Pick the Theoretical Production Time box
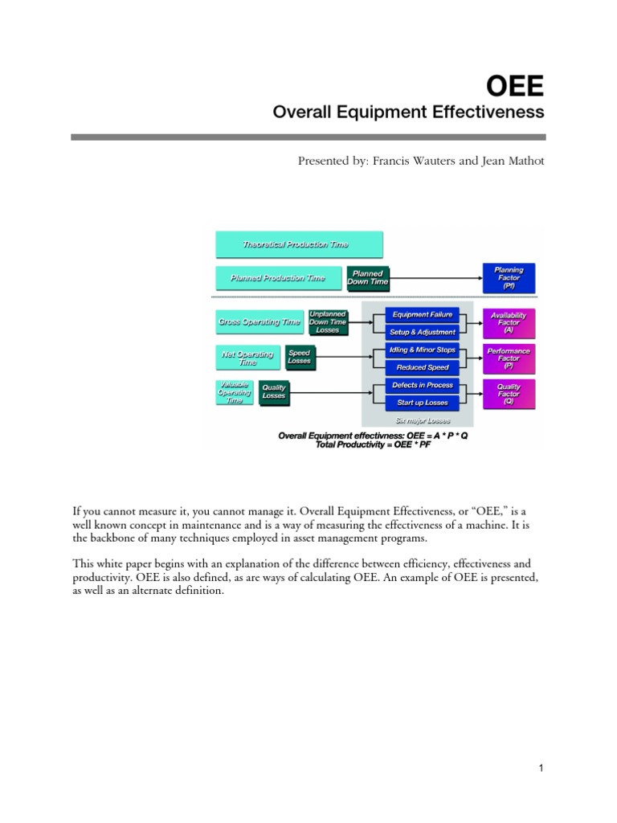tap(299, 244)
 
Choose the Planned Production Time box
tap(279, 278)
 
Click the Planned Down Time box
tap(367, 278)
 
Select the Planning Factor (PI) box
tap(509, 278)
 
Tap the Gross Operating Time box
tap(259, 322)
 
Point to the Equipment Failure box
tap(422, 315)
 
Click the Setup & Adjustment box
tap(422, 332)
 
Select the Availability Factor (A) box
tap(509, 322)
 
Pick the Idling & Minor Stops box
tap(422, 350)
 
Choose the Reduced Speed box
tap(422, 367)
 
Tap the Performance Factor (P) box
tap(509, 358)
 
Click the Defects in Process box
tap(422, 386)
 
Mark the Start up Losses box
tap(422, 403)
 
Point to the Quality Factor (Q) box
tap(509, 394)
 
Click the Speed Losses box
tap(299, 358)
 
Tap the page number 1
tap(541, 768)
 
